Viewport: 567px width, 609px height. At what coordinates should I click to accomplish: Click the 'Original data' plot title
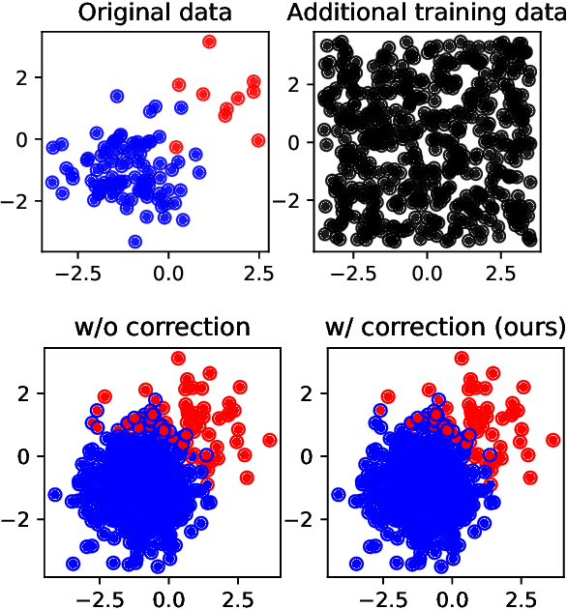pyautogui.click(x=155, y=14)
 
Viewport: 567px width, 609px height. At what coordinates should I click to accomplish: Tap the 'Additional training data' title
pyautogui.click(x=427, y=14)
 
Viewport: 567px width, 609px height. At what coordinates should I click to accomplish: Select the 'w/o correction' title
pyautogui.click(x=162, y=327)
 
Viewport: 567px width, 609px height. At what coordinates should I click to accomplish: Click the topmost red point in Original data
pyautogui.click(x=209, y=42)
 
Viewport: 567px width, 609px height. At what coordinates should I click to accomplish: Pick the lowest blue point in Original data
pyautogui.click(x=135, y=242)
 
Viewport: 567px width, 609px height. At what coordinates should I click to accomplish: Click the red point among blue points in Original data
pyautogui.click(x=175, y=147)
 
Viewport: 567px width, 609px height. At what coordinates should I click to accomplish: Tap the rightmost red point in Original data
pyautogui.click(x=258, y=140)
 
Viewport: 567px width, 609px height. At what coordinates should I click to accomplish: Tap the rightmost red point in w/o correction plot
pyautogui.click(x=269, y=440)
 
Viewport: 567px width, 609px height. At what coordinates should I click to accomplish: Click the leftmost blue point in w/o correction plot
pyautogui.click(x=55, y=494)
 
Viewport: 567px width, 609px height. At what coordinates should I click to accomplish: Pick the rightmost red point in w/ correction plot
pyautogui.click(x=552, y=440)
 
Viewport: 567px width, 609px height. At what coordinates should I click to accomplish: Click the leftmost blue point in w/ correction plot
pyautogui.click(x=339, y=494)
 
